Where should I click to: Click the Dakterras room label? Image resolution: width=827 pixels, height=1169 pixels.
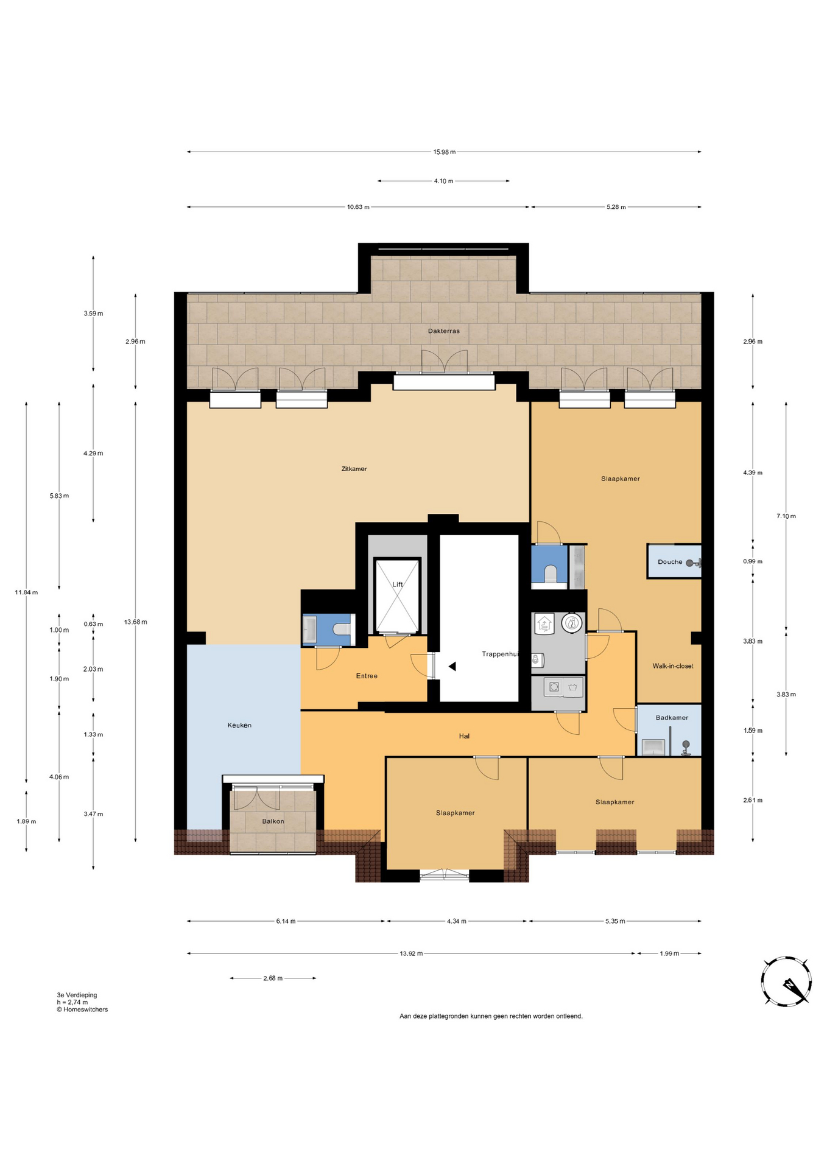tap(443, 331)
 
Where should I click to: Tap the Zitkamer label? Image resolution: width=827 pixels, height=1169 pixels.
tap(354, 469)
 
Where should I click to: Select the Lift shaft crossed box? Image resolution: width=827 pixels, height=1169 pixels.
tap(398, 596)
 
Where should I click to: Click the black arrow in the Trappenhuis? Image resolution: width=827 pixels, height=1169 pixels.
tap(452, 667)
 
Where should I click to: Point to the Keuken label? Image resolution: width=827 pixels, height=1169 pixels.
tap(239, 725)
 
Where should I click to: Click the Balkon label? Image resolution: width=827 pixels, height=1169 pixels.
tap(273, 821)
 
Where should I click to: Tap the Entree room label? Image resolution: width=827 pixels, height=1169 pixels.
tap(367, 676)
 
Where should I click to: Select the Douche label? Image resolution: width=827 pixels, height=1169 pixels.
tap(670, 562)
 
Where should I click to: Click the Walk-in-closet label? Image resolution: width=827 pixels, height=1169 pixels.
tap(673, 665)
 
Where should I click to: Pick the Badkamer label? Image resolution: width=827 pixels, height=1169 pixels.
tap(672, 717)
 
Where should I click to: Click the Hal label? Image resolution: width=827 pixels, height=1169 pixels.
tap(464, 735)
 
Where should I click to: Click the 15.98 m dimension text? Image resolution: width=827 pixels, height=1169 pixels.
tap(445, 152)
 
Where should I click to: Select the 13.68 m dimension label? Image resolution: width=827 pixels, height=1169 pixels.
tap(135, 622)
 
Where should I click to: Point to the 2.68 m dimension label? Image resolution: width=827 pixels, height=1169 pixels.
tap(273, 978)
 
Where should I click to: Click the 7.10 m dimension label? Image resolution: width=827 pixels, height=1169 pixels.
tap(786, 516)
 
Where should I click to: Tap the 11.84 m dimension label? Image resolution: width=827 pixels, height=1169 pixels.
tap(26, 592)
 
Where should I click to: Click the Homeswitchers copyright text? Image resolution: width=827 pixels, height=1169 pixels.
tap(82, 1009)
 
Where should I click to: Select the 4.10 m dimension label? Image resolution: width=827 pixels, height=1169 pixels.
tap(443, 181)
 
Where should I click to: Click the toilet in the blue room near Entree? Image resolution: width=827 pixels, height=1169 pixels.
tap(343, 628)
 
